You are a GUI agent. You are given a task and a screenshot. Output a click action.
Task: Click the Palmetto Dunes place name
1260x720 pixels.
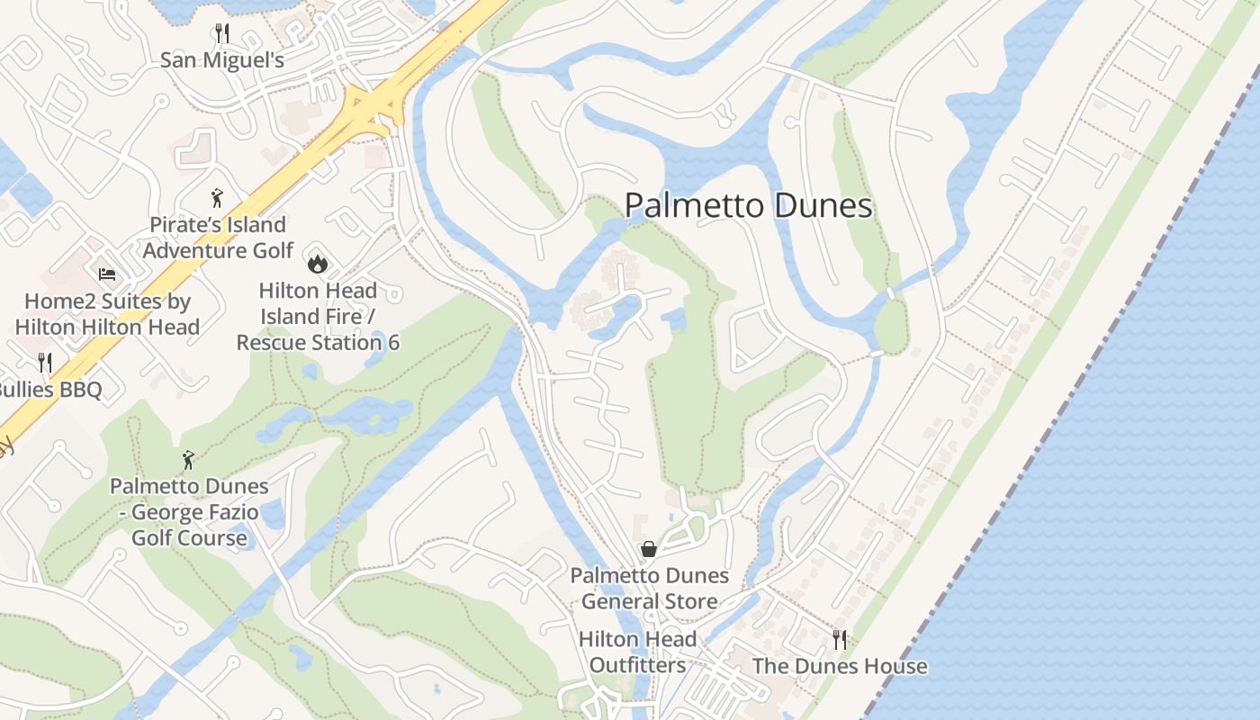tap(748, 206)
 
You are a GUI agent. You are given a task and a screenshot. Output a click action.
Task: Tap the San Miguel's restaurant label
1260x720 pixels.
tap(222, 60)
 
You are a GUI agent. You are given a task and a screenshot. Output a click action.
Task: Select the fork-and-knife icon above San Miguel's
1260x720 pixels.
tap(222, 34)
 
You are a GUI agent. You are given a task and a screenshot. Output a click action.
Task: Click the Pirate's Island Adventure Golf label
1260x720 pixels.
tap(218, 238)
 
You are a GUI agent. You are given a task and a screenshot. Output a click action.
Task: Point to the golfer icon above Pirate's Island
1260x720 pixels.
tap(217, 198)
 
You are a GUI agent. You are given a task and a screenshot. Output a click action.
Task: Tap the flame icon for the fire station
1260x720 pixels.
tap(317, 264)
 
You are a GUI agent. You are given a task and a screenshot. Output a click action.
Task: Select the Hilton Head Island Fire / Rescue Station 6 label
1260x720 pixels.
tap(318, 317)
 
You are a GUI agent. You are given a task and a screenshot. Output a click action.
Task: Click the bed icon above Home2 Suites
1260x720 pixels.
tap(107, 274)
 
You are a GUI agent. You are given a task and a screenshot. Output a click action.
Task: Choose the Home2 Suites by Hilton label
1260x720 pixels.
tap(107, 314)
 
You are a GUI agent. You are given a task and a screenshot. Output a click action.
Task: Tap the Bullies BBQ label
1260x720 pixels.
tap(49, 390)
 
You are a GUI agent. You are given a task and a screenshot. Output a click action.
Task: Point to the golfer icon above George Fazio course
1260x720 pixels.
tap(188, 460)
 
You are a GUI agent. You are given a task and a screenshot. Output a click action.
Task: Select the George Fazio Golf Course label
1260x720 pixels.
tap(189, 512)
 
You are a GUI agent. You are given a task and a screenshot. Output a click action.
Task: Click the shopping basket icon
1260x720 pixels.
tap(648, 548)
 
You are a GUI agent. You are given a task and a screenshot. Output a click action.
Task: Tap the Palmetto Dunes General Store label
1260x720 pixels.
tap(650, 589)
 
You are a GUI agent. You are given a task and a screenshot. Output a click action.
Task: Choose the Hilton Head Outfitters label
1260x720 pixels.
tap(637, 652)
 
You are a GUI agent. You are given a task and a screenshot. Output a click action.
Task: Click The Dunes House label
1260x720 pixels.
tap(839, 667)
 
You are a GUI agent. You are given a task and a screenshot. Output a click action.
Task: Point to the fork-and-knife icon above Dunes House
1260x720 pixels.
tap(839, 640)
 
